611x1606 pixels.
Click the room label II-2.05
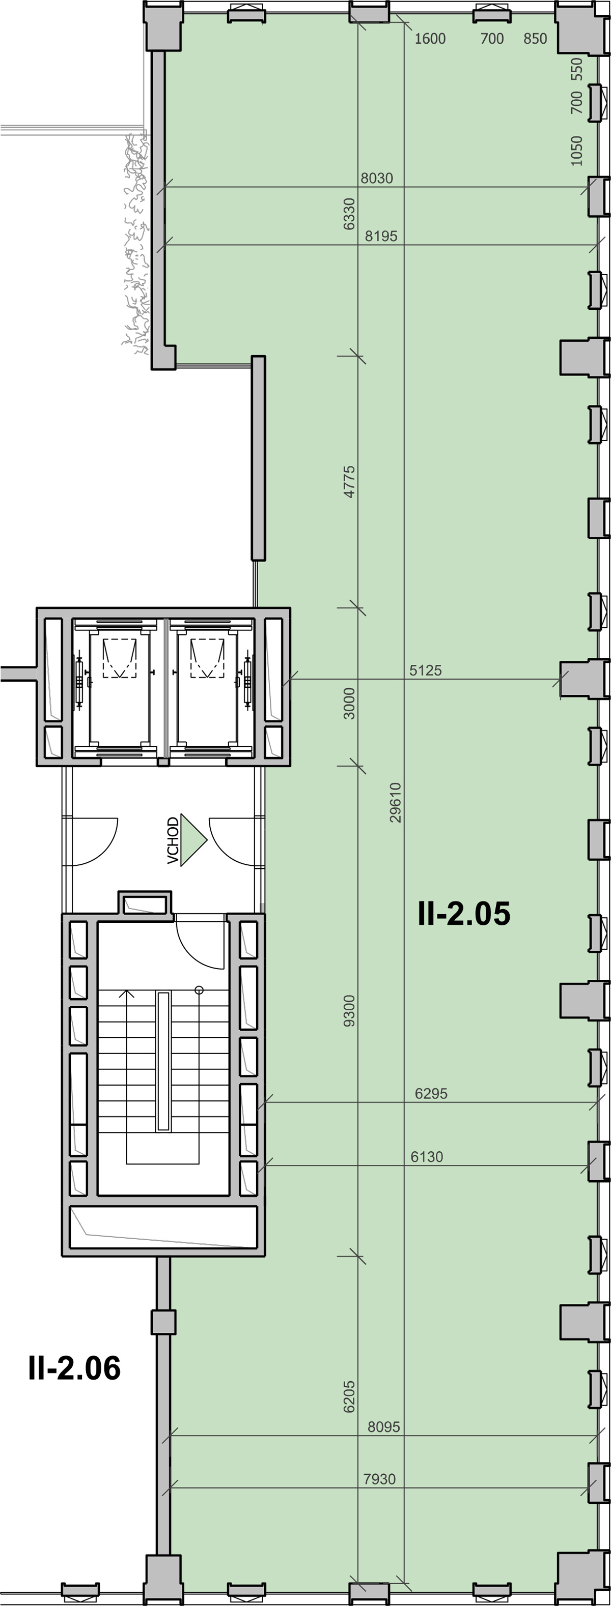pos(464,914)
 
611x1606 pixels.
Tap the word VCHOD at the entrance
pos(173,840)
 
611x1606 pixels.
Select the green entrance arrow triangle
pos(193,840)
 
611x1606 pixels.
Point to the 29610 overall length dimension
pos(395,802)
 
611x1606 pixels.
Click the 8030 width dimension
pos(377,179)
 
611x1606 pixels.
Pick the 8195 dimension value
pos(381,236)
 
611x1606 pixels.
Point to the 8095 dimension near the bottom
pos(384,1427)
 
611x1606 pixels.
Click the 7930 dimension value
pos(379,1479)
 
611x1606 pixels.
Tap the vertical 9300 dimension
pos(349,1011)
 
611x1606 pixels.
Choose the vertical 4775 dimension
pos(349,481)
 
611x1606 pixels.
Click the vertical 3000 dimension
pos(349,703)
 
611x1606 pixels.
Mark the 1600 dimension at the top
pos(430,39)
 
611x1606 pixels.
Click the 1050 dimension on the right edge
pos(577,151)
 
